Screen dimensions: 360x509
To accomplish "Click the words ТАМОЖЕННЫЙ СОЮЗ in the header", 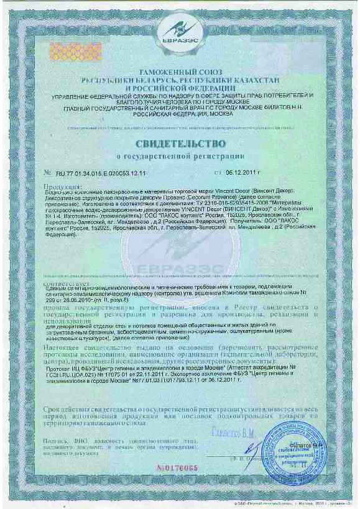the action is pos(179,73).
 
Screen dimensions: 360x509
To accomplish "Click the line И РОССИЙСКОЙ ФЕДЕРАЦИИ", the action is pos(179,88).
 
